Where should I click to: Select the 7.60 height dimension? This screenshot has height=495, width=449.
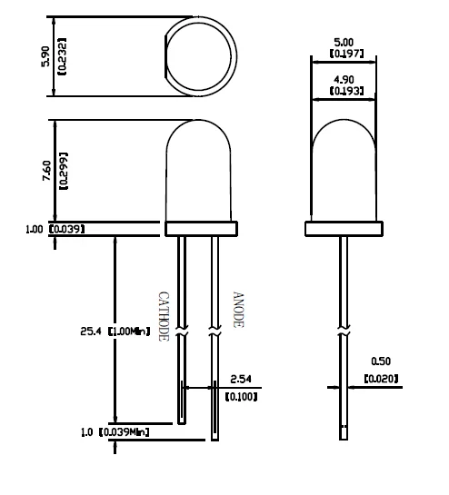pyautogui.click(x=48, y=169)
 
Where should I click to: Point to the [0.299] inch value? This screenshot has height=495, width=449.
pyautogui.click(x=62, y=170)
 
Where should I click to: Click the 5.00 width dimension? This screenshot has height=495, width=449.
pyautogui.click(x=344, y=42)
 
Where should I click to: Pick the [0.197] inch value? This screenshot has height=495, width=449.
pyautogui.click(x=344, y=54)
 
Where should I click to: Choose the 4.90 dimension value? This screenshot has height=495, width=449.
pyautogui.click(x=344, y=78)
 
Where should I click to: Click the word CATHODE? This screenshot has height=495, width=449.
pyautogui.click(x=165, y=315)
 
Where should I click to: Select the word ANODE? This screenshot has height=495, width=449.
pyautogui.click(x=238, y=310)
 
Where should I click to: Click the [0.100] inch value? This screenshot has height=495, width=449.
pyautogui.click(x=241, y=396)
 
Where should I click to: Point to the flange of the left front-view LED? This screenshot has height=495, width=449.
pyautogui.click(x=200, y=227)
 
